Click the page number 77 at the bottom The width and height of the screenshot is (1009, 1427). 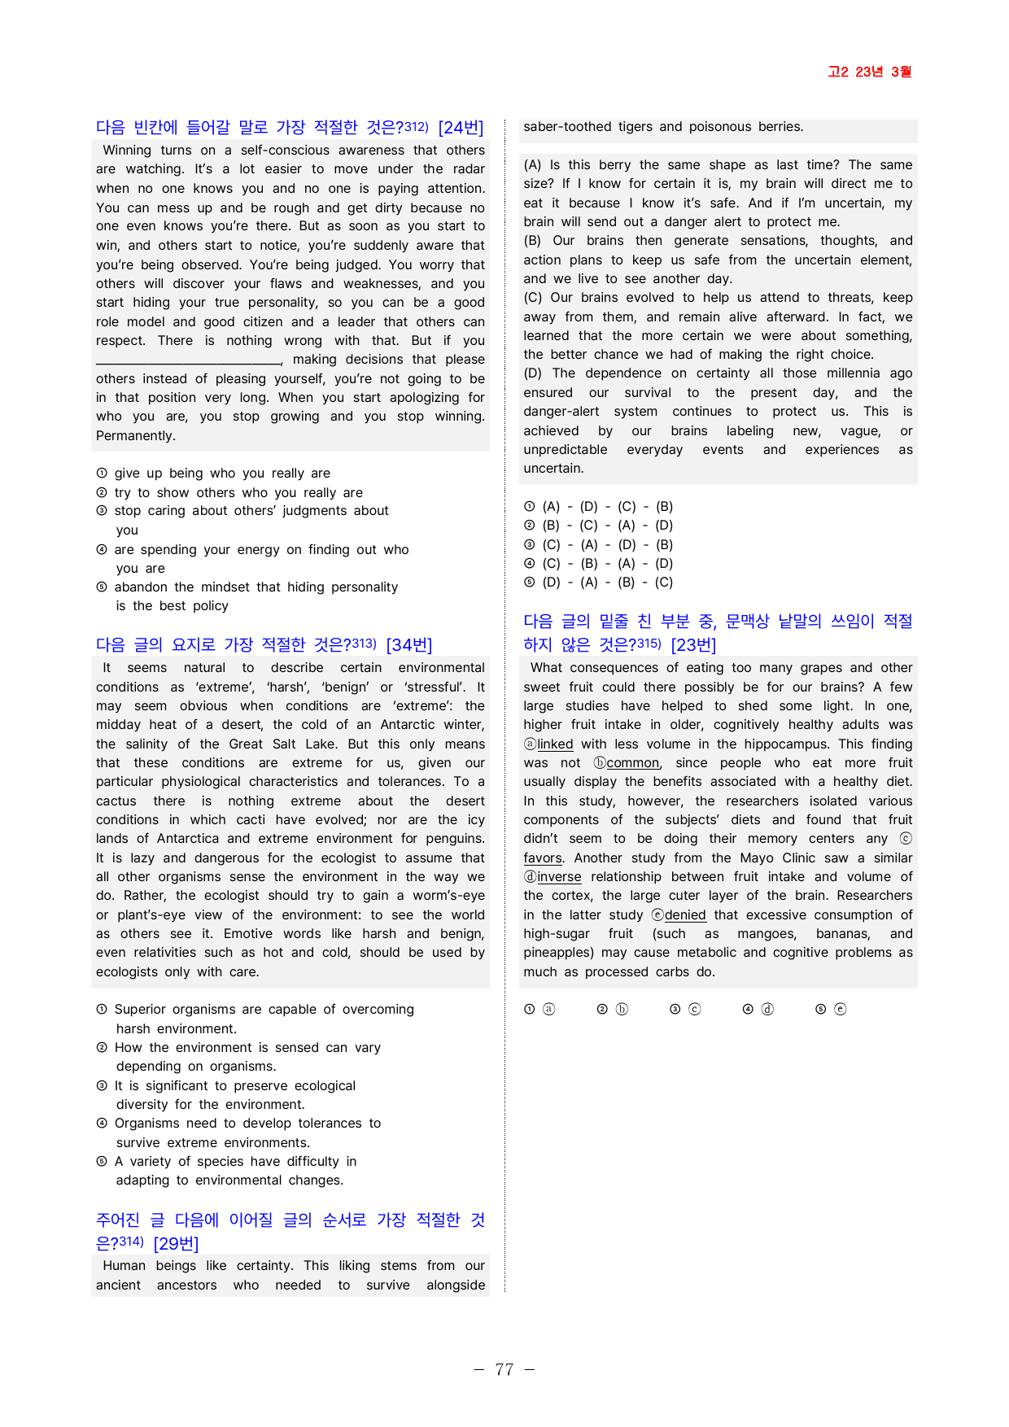click(x=504, y=1369)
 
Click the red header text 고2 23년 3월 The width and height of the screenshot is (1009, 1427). click(x=869, y=72)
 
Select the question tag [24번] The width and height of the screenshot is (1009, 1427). click(x=461, y=128)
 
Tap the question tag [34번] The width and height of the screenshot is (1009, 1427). click(x=409, y=645)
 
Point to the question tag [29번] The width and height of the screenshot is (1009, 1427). click(x=176, y=1244)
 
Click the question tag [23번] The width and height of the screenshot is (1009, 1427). click(x=693, y=645)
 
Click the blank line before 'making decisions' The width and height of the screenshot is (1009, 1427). click(x=188, y=360)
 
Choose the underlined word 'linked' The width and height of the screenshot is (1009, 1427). click(x=555, y=744)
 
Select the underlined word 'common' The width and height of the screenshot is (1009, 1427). click(x=632, y=763)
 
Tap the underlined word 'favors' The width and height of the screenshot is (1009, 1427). click(x=543, y=858)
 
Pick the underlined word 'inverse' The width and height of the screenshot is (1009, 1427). click(x=559, y=877)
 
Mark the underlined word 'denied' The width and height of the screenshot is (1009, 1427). click(x=685, y=915)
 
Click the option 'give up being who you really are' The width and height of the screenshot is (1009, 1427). click(x=222, y=473)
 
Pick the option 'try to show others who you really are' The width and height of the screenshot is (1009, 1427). click(x=238, y=493)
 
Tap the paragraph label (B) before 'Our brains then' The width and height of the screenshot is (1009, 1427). click(x=533, y=241)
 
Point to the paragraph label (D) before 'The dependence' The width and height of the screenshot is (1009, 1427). click(x=533, y=373)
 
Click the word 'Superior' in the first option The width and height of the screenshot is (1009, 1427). click(x=142, y=1010)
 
